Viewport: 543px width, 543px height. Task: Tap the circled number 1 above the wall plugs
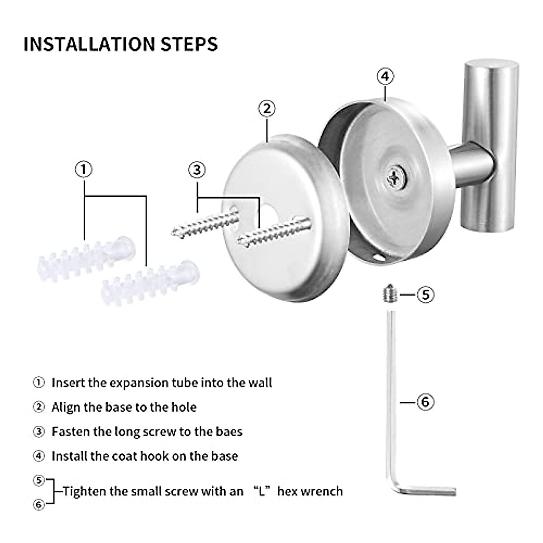pyautogui.click(x=84, y=170)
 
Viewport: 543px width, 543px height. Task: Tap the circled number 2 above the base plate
pyautogui.click(x=267, y=109)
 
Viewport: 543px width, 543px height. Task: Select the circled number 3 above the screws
pyautogui.click(x=197, y=170)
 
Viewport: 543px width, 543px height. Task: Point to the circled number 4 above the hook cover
pyautogui.click(x=385, y=76)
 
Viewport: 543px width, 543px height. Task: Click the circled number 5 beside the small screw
pyautogui.click(x=425, y=295)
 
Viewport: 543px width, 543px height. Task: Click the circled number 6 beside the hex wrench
pyautogui.click(x=425, y=402)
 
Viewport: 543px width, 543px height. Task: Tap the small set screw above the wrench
pyautogui.click(x=390, y=293)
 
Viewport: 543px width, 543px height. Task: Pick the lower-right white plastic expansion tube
pyautogui.click(x=150, y=284)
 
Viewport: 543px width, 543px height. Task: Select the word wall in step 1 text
pyautogui.click(x=260, y=383)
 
